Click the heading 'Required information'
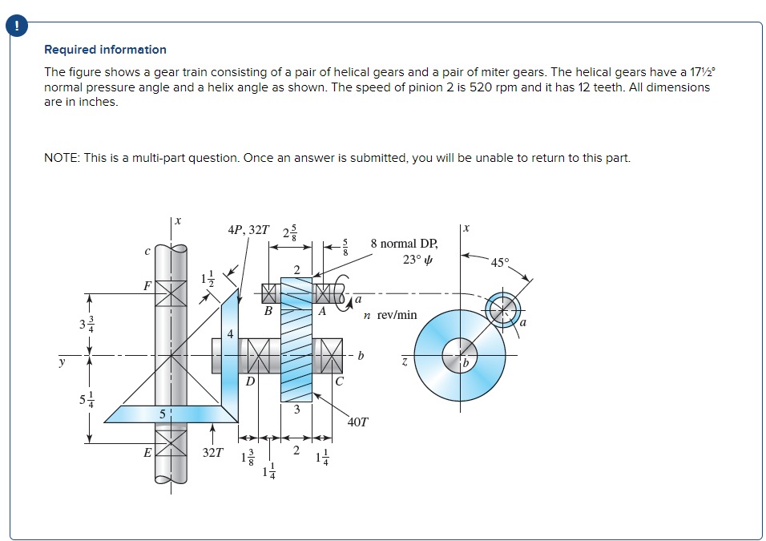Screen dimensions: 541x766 coord(105,50)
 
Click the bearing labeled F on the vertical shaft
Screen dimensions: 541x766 coord(169,292)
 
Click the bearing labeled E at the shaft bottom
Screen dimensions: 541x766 coord(169,443)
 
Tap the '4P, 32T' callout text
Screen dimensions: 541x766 coord(248,230)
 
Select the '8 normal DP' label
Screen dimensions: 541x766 coord(405,243)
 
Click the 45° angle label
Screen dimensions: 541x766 coord(499,263)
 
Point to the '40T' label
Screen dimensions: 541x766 coord(358,422)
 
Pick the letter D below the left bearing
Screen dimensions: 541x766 coord(250,382)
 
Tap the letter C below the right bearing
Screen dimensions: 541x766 coord(339,382)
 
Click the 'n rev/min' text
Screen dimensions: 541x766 coord(390,315)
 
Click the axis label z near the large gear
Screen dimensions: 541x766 coord(405,363)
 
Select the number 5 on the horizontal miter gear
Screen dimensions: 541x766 coord(162,414)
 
